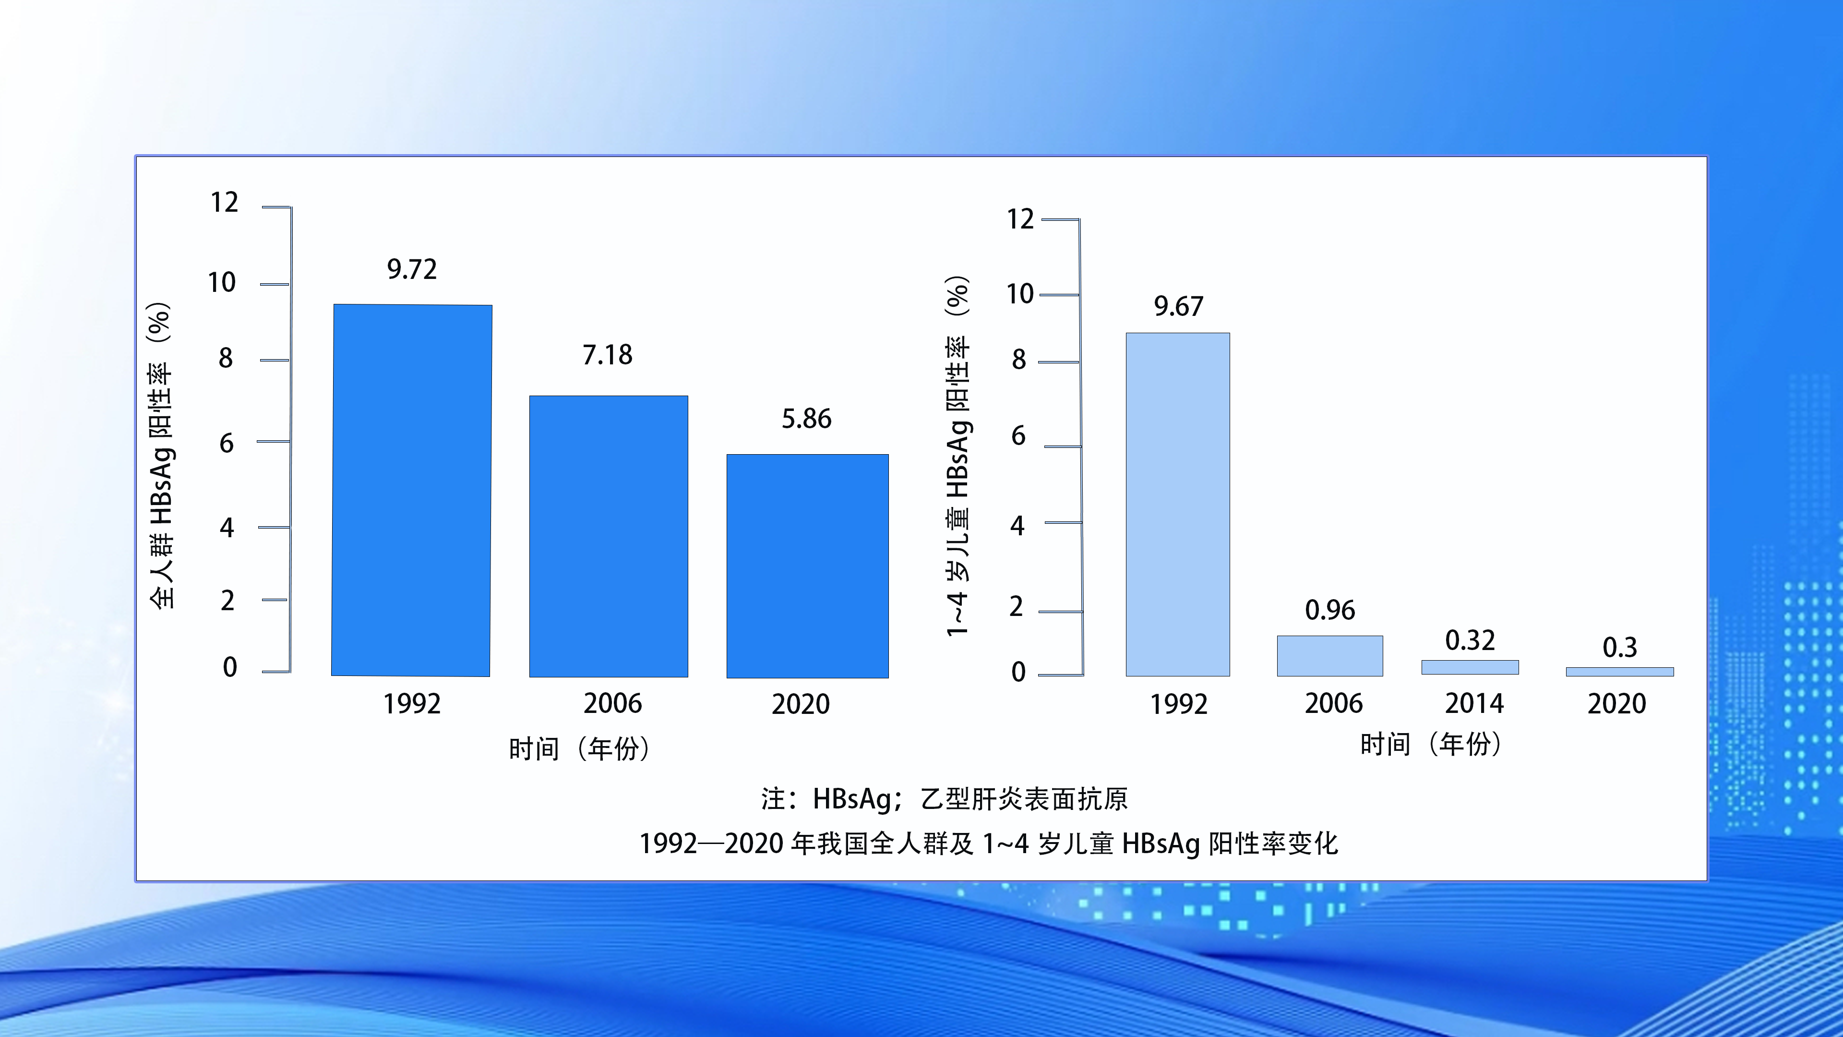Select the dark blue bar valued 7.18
(609, 536)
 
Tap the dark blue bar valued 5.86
(808, 566)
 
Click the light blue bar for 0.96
(1330, 655)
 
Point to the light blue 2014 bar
(1470, 667)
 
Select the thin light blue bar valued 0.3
(1620, 671)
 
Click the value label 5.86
(806, 419)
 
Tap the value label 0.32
(1470, 640)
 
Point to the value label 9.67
(1178, 306)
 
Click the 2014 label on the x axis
(1474, 703)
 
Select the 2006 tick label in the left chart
(612, 703)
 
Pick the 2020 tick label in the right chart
(1617, 703)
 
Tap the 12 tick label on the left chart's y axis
(224, 203)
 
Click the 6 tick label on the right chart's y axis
(1018, 436)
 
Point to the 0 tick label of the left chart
(230, 667)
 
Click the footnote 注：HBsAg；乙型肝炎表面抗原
(945, 799)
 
